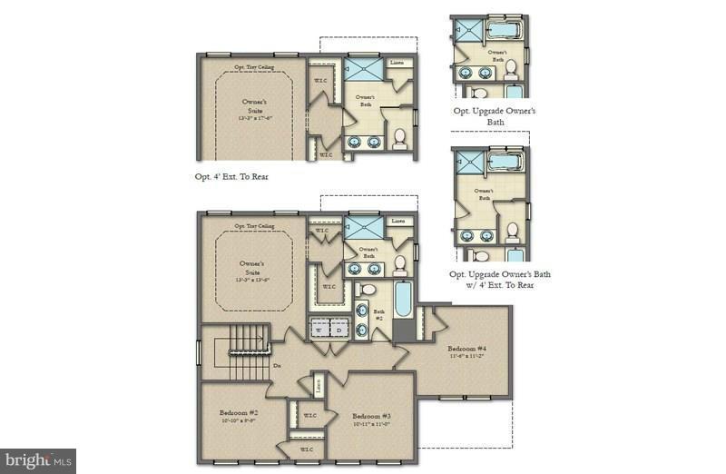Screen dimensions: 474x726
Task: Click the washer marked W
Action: (x=319, y=329)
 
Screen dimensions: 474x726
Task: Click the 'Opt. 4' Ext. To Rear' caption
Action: (x=231, y=176)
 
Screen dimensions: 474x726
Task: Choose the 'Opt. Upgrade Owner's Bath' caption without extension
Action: (x=495, y=115)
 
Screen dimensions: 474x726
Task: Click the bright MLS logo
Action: (x=38, y=461)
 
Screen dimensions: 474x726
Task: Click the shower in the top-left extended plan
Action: (x=364, y=70)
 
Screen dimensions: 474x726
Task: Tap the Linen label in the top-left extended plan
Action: (x=397, y=64)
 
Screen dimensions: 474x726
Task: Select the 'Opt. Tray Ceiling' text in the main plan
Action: (x=254, y=225)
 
